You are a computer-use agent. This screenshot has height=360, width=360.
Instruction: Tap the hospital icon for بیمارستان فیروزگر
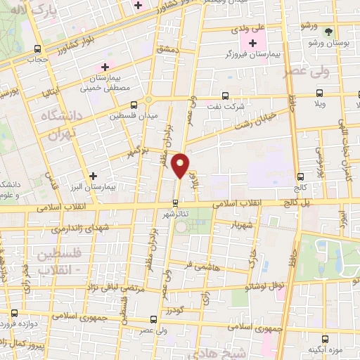(253, 44)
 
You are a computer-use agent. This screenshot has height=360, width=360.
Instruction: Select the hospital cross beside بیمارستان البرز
(93, 175)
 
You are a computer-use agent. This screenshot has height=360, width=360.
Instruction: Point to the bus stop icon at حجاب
(38, 49)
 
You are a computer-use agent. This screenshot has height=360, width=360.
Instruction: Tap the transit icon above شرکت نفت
(225, 95)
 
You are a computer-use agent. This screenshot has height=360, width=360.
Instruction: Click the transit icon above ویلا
(320, 92)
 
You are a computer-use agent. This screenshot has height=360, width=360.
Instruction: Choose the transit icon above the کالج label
(301, 177)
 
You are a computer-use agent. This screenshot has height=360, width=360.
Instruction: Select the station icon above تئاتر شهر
(176, 204)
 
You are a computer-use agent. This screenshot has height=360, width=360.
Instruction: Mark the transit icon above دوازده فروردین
(14, 312)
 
